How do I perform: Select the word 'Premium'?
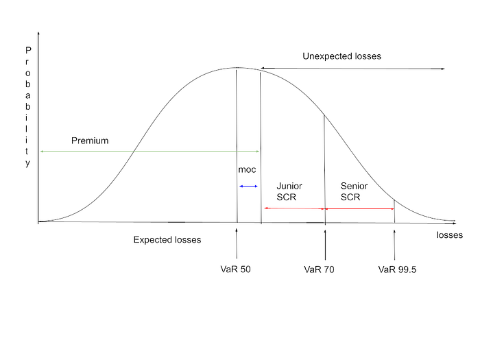pos(90,140)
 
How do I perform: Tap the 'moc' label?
pos(247,169)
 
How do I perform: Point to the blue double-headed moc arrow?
pos(248,187)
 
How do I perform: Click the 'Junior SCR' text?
pos(289,191)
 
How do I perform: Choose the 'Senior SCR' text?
pos(354,191)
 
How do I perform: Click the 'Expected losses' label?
pos(167,240)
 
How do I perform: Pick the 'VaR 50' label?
pos(237,269)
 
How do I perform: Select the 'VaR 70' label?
pos(319,269)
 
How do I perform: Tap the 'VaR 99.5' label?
pos(397,269)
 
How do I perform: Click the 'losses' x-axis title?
pos(449,235)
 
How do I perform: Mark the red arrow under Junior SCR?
pos(293,208)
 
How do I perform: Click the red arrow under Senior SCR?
pos(359,208)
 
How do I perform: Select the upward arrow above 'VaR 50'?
pos(237,244)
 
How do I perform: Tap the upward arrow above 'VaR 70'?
pos(325,244)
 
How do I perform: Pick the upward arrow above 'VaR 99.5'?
pos(394,244)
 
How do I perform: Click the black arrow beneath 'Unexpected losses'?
pos(353,69)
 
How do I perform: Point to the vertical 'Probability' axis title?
pos(28,107)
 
